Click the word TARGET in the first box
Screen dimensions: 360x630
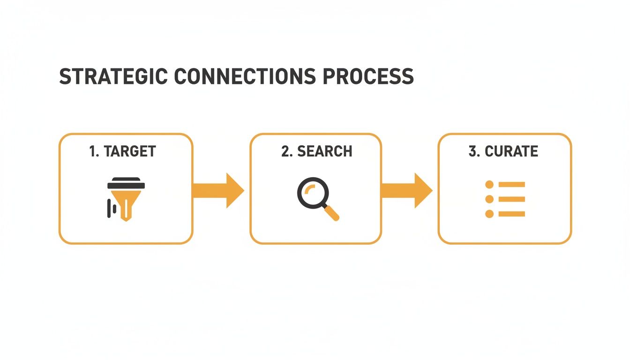(x=129, y=151)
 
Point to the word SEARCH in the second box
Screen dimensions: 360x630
(x=324, y=151)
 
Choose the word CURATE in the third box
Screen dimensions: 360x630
(x=511, y=151)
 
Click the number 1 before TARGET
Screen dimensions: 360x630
(x=92, y=151)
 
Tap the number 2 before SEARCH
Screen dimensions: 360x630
(x=285, y=151)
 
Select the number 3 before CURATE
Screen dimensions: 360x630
(x=472, y=151)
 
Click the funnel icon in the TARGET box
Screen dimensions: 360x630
(x=123, y=199)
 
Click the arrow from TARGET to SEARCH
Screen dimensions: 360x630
(x=218, y=190)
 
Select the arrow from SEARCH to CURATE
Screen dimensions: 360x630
(x=407, y=190)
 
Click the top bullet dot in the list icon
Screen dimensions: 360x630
(x=489, y=185)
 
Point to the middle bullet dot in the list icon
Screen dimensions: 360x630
(x=489, y=199)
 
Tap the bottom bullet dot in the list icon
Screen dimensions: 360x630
(x=489, y=214)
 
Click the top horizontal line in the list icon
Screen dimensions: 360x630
(x=511, y=185)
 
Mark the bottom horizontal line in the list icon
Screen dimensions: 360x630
(x=511, y=214)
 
